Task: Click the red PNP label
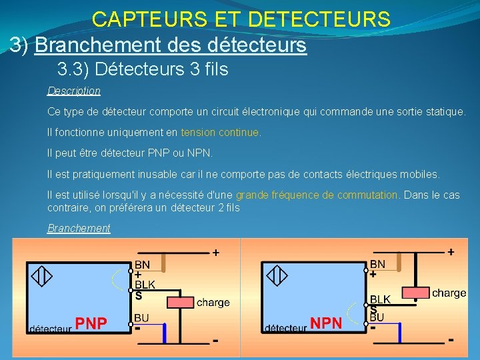click(x=91, y=324)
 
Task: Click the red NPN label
click(x=326, y=324)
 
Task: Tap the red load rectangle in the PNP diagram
click(x=179, y=302)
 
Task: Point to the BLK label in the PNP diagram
click(x=145, y=285)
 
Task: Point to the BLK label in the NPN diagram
click(x=380, y=299)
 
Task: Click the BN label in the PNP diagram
click(x=142, y=265)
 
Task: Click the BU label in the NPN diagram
click(x=377, y=317)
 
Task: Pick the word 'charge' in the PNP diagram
click(x=213, y=303)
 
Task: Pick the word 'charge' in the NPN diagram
click(x=449, y=293)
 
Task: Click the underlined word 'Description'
click(x=74, y=91)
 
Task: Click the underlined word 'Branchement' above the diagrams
click(x=79, y=228)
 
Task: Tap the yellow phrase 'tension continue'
click(x=220, y=132)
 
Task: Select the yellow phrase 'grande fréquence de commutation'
click(x=317, y=195)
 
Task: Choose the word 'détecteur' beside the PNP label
click(x=49, y=328)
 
